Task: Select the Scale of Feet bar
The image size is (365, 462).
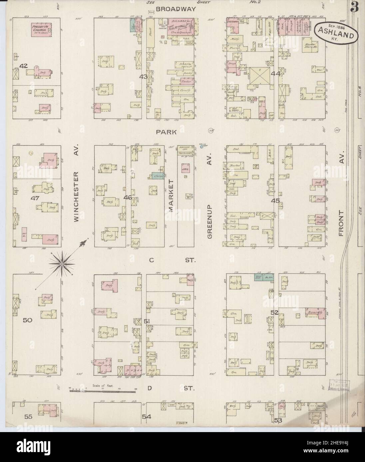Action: (x=102, y=391)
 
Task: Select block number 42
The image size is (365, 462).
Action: (x=23, y=66)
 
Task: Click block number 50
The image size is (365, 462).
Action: (x=27, y=320)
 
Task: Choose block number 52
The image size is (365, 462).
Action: (x=275, y=312)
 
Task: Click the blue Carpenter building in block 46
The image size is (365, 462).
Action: (x=158, y=176)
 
